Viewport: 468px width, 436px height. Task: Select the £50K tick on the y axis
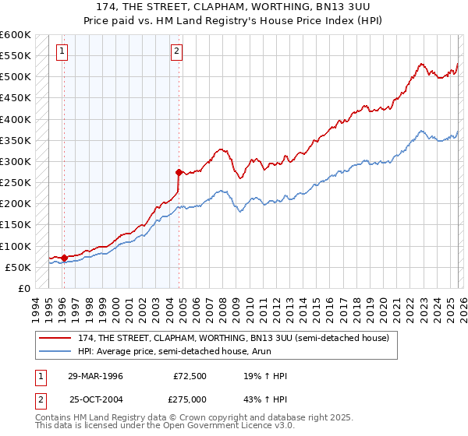pos(18,267)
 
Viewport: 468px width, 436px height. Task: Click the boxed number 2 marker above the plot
pos(178,52)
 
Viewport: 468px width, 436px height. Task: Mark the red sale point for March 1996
pos(64,258)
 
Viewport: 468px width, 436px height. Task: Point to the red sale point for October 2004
pos(179,172)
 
